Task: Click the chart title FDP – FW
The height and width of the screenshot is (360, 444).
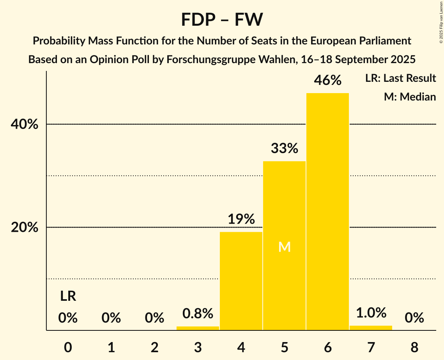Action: [222, 19]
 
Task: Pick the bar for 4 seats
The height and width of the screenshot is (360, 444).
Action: [241, 281]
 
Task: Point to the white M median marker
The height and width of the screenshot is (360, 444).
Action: [285, 247]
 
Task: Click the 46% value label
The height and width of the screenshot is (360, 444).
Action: [327, 80]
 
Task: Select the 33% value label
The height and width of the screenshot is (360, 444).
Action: [284, 148]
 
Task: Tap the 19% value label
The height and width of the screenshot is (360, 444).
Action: [241, 219]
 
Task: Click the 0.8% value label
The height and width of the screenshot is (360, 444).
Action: [198, 313]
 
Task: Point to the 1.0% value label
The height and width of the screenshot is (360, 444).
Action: [371, 312]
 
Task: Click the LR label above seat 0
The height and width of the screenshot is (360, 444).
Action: [68, 296]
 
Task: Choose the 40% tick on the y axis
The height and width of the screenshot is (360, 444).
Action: [25, 125]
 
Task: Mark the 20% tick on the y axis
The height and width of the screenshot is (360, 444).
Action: [25, 228]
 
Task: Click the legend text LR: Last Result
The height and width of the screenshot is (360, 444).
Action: [400, 78]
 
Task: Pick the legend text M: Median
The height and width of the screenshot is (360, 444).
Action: [410, 97]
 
